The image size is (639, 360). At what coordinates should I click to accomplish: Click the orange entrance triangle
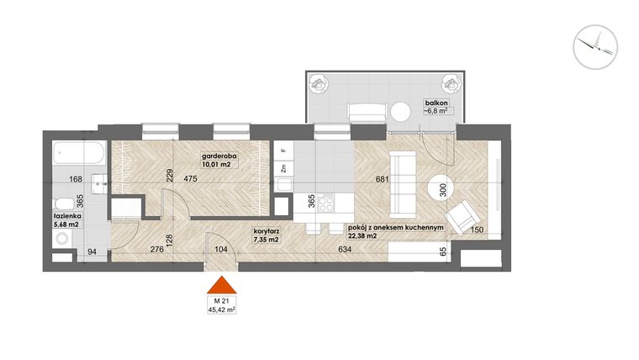222,286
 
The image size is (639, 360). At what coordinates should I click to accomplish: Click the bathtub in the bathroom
78,155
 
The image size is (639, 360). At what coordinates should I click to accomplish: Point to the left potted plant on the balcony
320,83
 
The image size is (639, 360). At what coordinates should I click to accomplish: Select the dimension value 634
346,248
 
